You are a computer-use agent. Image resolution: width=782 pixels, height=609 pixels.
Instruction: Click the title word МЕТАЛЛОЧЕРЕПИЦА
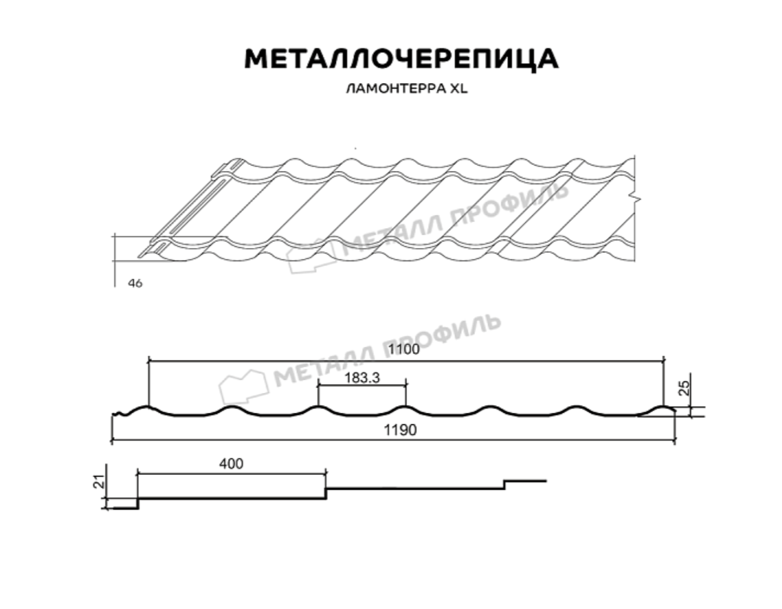tap(401, 59)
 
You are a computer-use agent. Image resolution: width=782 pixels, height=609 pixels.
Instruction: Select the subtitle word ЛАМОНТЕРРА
tap(396, 88)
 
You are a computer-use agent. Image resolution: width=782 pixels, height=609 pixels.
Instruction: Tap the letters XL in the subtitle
tap(459, 88)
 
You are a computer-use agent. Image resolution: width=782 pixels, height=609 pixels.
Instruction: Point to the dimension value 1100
tap(404, 349)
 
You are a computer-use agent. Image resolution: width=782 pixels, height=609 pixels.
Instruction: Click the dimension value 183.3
tap(362, 378)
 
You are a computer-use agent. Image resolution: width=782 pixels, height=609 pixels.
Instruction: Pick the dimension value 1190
tap(400, 430)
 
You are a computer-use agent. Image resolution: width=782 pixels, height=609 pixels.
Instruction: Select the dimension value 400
tap(232, 463)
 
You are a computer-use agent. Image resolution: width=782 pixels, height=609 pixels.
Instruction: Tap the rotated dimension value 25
tap(685, 388)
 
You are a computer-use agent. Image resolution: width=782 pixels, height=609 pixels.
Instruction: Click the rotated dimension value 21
tap(99, 481)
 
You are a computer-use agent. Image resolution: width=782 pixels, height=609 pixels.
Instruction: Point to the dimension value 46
tap(135, 283)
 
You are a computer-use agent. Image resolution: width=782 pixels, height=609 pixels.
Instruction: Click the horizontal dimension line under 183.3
tap(362, 386)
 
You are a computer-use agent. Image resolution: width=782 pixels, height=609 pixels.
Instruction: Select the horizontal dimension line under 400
tap(232, 474)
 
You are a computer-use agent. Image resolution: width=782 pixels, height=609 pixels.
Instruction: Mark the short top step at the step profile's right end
tap(525, 480)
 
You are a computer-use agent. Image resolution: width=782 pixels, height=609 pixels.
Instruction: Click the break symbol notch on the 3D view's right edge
tap(638, 199)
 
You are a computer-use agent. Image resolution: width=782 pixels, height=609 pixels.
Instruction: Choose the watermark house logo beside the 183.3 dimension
tap(244, 388)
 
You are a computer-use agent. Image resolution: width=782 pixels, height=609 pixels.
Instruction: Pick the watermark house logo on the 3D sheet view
tap(312, 256)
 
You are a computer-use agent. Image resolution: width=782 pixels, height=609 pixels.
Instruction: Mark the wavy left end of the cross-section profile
tap(120, 414)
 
